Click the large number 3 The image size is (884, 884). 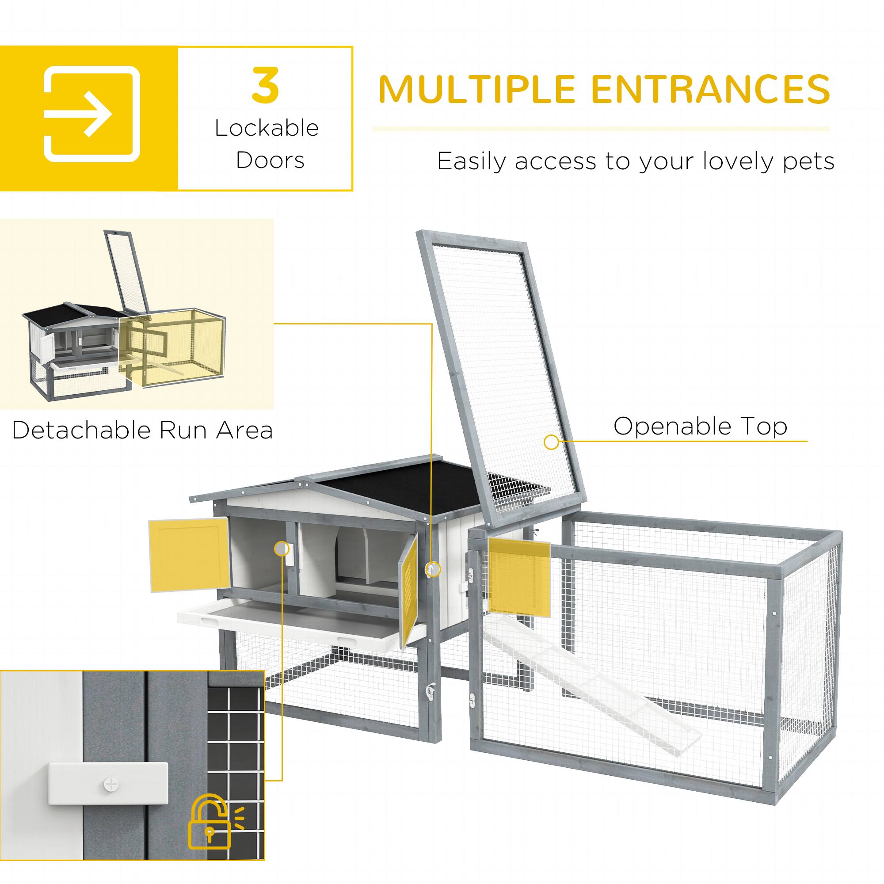point(265,86)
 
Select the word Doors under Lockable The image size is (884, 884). point(270,160)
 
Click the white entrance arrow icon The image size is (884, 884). point(91,114)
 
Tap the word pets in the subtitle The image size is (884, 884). point(808,161)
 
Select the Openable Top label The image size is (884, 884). point(700,426)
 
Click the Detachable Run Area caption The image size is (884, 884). point(142,430)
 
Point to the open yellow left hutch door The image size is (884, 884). point(189,555)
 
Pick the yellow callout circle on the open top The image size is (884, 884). point(551,442)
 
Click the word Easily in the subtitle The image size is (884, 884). point(472,161)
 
